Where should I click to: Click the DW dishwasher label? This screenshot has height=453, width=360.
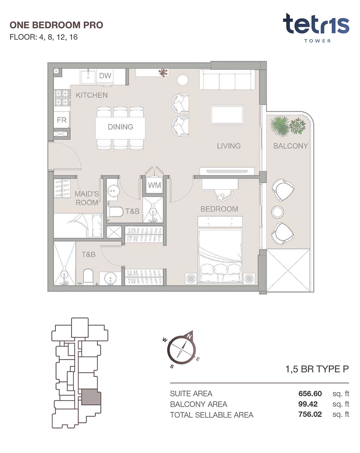coord(105,76)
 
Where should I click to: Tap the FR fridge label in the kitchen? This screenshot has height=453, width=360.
coord(61,120)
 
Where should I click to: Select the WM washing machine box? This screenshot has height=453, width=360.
coord(154,185)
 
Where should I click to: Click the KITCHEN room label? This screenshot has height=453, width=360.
coord(92,95)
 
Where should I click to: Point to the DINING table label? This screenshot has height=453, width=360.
coord(120,127)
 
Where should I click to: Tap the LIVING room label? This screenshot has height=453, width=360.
coord(229,146)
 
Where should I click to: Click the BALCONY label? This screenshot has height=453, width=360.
coord(290,146)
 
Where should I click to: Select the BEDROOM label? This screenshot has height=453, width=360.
coord(219,209)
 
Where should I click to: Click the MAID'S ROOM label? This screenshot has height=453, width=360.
coord(86,198)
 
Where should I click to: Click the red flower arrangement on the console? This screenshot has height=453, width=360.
coord(163,72)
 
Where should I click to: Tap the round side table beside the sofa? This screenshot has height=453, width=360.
coord(183,80)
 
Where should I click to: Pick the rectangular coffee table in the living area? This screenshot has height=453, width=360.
coord(227,115)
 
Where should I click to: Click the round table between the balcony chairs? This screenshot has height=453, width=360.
coord(277,212)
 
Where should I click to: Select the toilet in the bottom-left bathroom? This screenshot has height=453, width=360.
coord(88,276)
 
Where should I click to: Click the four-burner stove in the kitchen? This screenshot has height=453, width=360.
coord(62,98)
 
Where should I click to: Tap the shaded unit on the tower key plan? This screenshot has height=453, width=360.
coord(91,397)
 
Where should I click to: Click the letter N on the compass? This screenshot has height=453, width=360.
coord(189,336)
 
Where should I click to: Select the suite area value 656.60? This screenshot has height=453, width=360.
coord(310,394)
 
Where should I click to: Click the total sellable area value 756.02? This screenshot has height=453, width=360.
coord(310,414)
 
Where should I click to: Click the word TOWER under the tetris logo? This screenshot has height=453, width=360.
coord(317,41)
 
